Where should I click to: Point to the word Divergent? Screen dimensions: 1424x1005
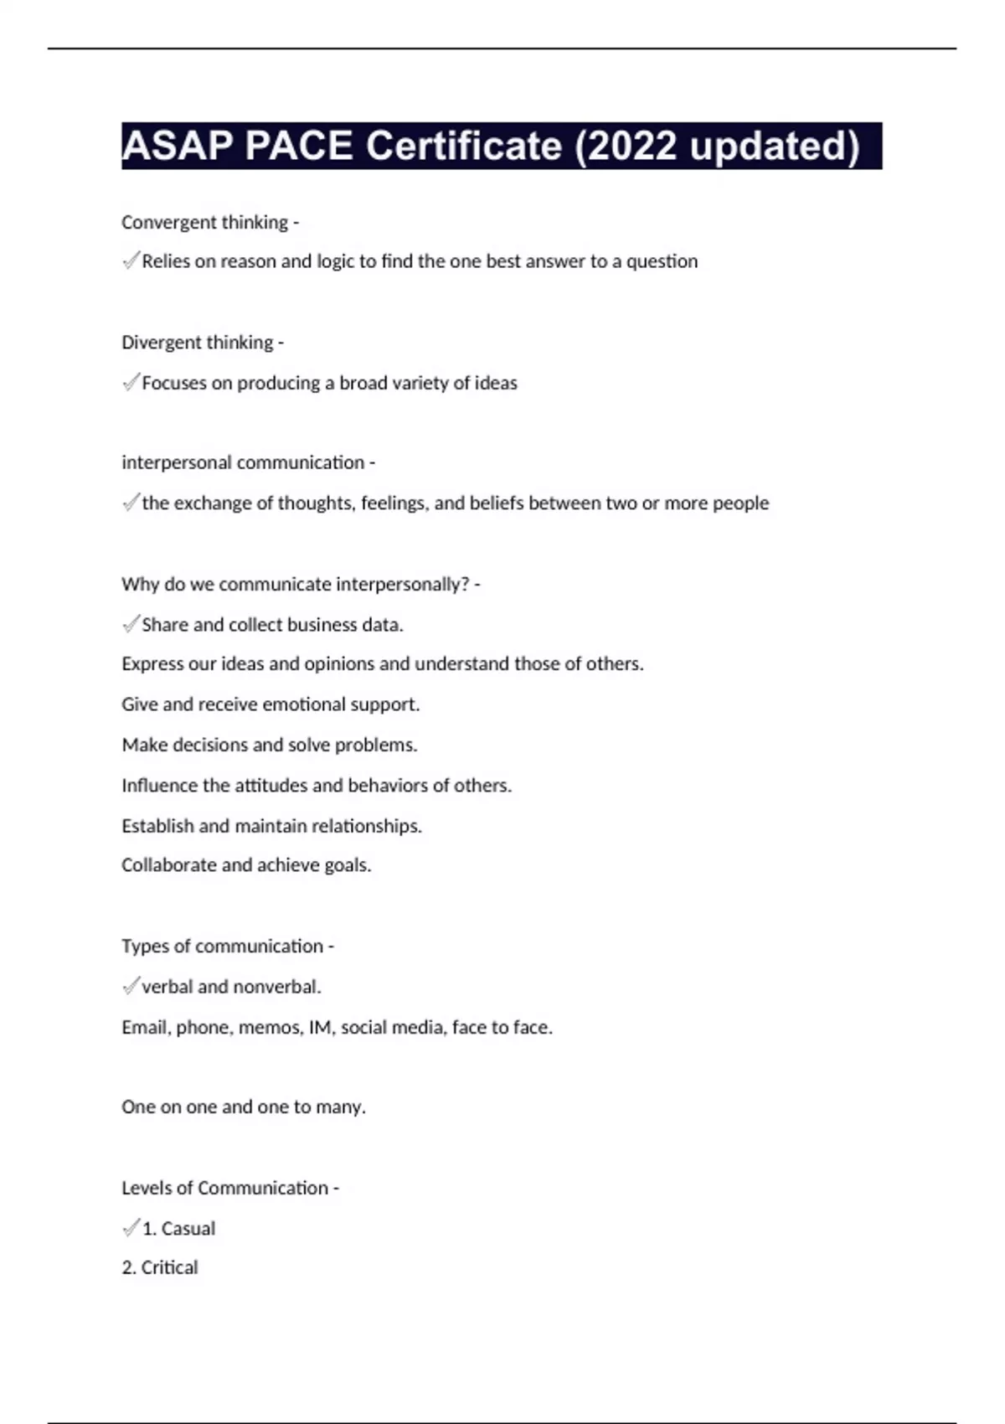pos(156,343)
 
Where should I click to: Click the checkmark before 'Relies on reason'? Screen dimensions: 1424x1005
pos(131,261)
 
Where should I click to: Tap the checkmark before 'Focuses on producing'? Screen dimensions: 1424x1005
pos(131,383)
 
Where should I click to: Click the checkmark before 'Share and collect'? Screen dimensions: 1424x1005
pos(131,624)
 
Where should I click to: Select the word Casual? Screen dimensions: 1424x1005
pos(188,1229)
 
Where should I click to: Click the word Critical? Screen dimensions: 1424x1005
pos(169,1267)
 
